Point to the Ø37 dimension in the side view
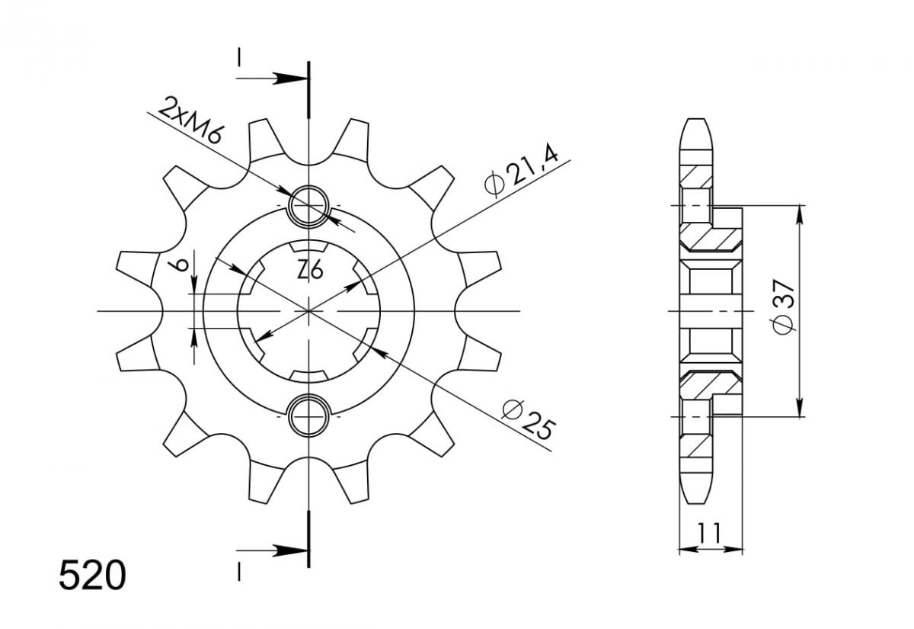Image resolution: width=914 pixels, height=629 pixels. coord(784,306)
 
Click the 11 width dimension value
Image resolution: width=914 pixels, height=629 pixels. coord(709,533)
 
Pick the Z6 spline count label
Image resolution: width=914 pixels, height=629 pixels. coord(311,271)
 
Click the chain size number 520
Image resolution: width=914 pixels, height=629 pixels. coord(92,576)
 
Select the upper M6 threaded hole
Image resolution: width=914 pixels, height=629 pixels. coord(308,205)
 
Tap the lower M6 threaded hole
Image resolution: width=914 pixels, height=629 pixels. coord(308,416)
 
